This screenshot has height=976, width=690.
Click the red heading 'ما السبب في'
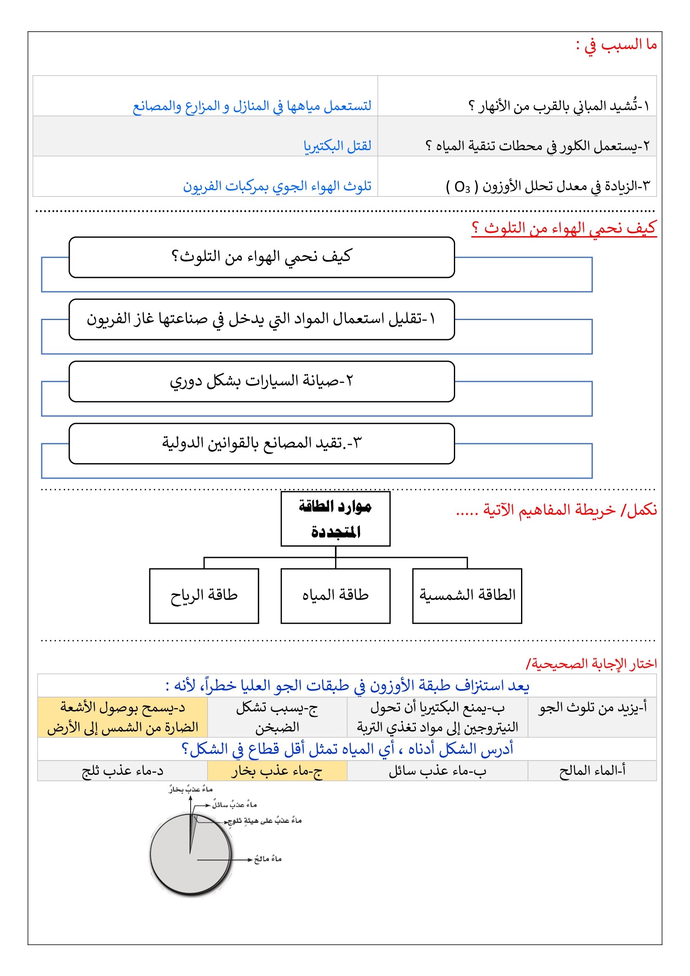616,45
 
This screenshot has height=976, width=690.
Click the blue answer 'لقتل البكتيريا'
337,146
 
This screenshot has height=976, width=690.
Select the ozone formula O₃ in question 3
462,187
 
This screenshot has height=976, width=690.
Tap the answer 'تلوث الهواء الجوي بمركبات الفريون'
277,186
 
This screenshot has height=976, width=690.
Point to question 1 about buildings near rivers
559,106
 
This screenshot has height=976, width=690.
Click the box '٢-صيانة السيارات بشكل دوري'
262,381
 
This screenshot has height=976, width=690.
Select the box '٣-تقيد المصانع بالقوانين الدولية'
262,444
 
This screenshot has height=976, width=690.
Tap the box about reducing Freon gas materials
262,319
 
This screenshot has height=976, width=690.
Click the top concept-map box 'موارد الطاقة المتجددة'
335,519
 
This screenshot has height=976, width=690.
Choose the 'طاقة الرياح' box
204,595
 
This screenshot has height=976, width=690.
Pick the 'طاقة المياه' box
335,595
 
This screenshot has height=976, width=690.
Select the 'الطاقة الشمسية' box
467,595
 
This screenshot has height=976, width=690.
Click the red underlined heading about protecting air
564,229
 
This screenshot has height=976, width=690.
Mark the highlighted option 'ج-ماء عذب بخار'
277,771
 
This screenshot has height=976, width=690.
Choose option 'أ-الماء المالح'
592,771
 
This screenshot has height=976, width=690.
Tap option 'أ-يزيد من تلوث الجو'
592,708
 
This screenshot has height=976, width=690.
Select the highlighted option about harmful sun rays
122,717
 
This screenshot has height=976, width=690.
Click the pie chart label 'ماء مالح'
268,859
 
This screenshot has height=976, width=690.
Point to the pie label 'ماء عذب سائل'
234,805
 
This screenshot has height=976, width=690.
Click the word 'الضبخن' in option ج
277,727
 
